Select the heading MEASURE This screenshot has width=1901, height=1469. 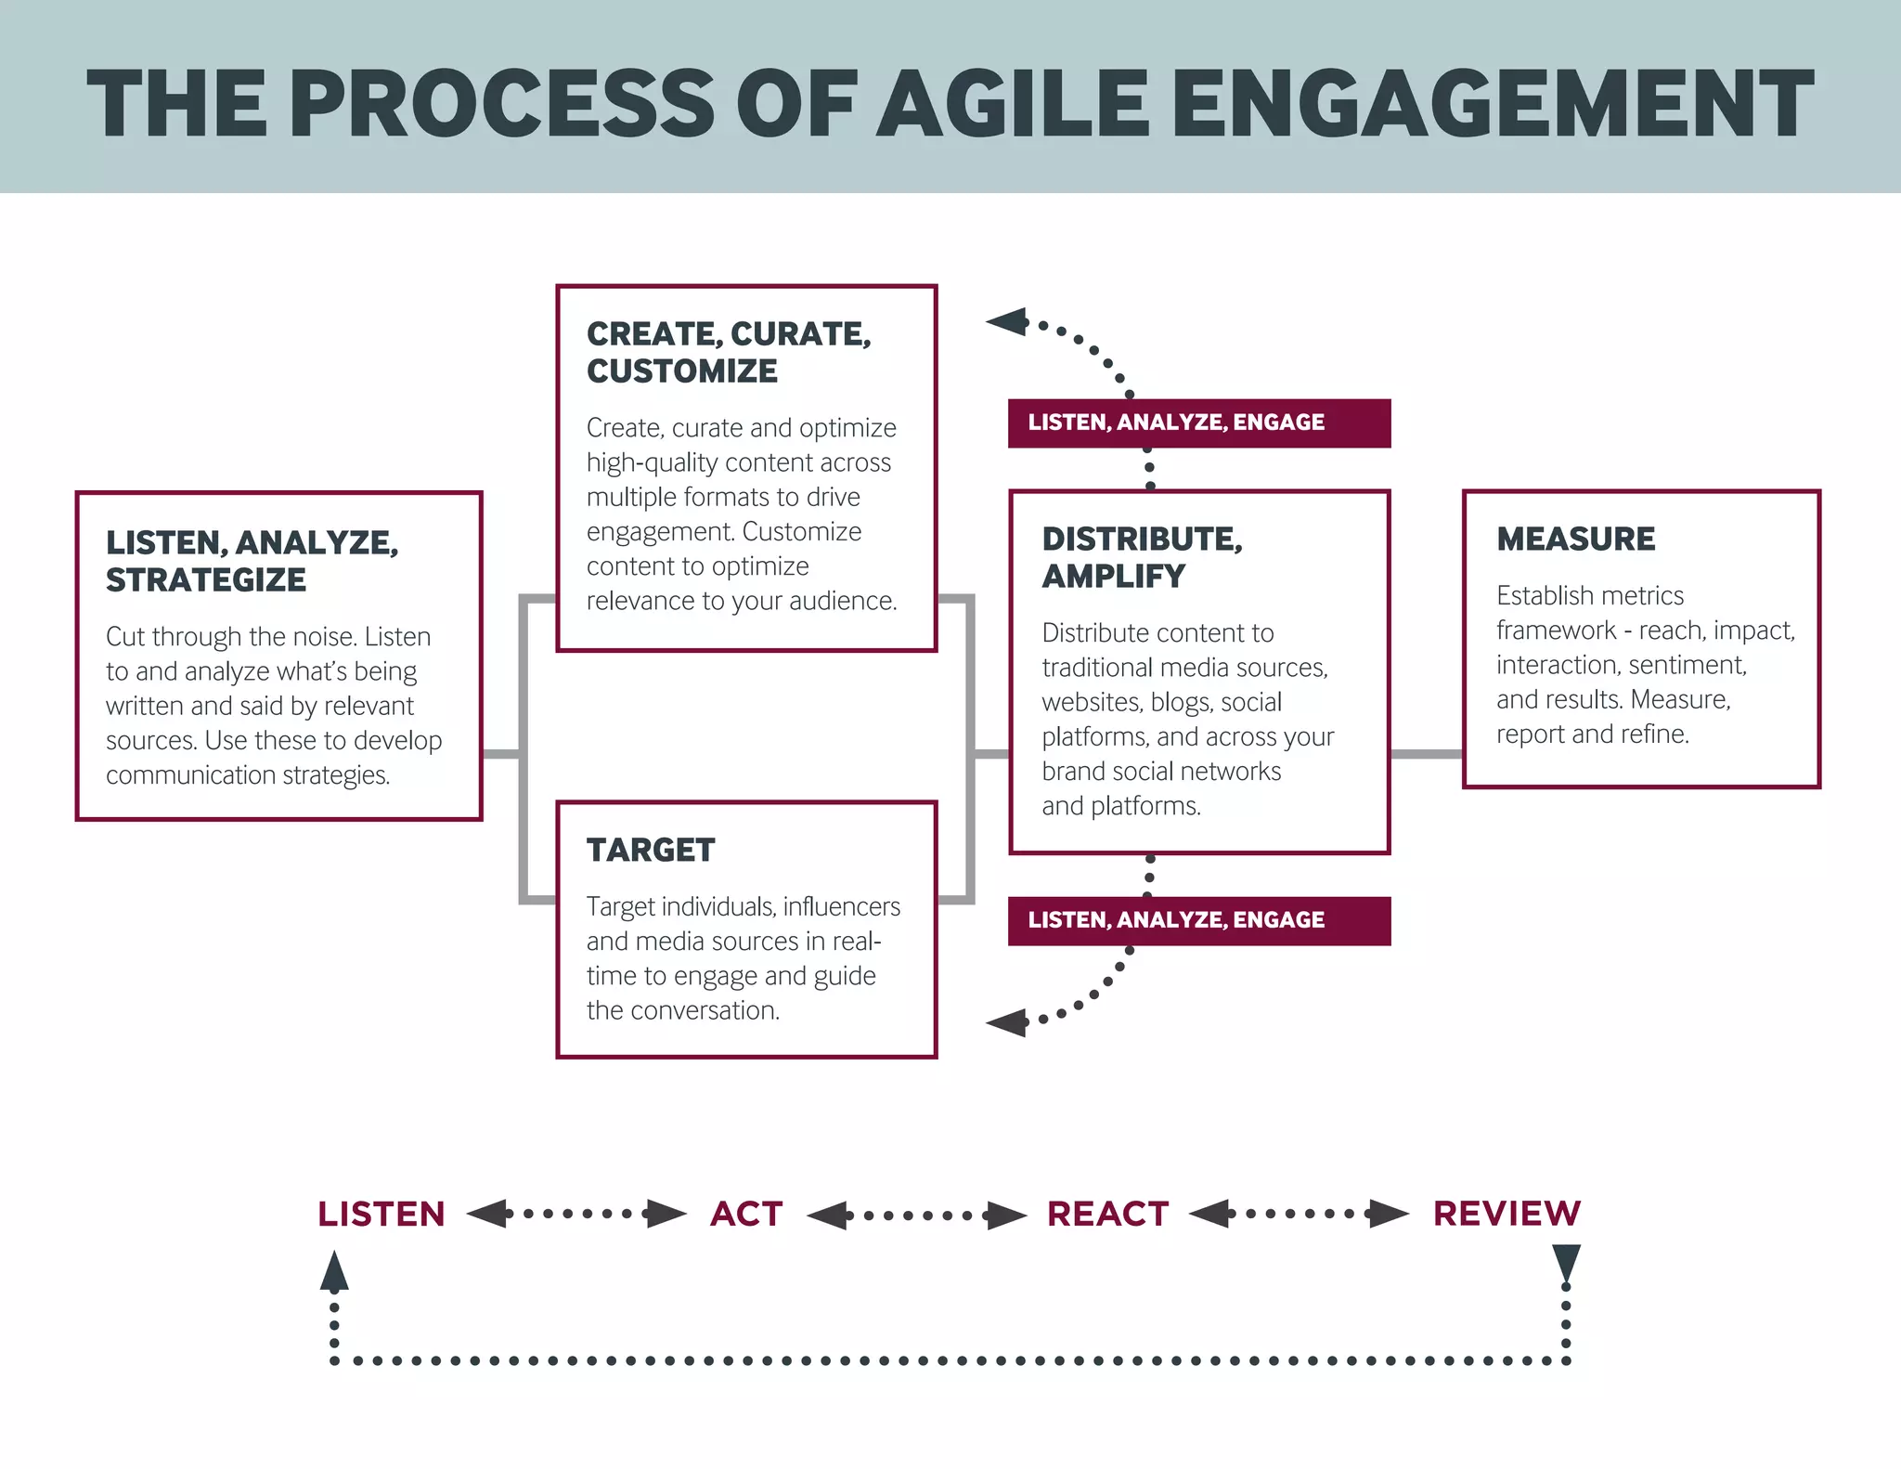(1575, 539)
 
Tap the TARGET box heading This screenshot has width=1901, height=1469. (651, 850)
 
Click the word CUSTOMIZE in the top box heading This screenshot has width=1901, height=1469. (682, 371)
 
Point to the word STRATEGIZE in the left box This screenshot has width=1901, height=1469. (206, 580)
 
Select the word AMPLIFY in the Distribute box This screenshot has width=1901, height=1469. (1113, 577)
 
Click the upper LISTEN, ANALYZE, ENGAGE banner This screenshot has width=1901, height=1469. (1198, 422)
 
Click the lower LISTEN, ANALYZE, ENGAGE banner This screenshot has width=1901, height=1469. (1198, 920)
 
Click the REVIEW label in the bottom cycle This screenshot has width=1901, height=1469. (1507, 1214)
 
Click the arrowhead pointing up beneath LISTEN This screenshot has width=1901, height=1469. (334, 1271)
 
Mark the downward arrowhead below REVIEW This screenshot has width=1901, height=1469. (1566, 1264)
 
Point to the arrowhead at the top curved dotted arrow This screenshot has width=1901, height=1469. (1007, 322)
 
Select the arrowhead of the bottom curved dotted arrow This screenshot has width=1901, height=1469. (1007, 1022)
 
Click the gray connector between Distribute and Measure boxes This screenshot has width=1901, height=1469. (1426, 754)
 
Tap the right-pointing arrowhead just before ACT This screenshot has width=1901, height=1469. (666, 1214)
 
